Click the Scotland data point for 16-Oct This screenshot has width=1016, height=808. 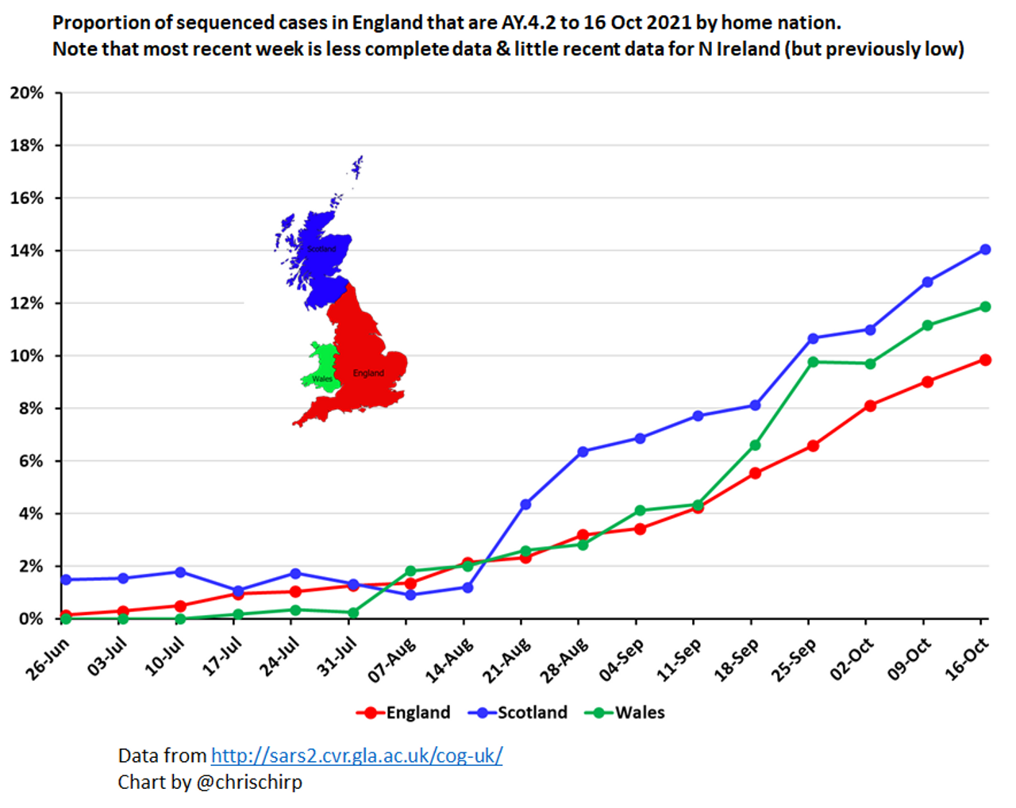pos(985,249)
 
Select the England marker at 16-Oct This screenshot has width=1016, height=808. pos(985,360)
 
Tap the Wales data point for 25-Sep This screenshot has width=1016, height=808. pos(813,362)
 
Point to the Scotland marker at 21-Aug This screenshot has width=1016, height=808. pos(525,504)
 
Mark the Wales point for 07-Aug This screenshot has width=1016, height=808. pos(410,571)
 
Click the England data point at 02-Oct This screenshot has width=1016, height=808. pos(870,406)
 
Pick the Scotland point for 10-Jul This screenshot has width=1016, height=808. pos(180,571)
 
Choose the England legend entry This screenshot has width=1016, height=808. pos(404,713)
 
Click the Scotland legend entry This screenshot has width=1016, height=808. pos(518,713)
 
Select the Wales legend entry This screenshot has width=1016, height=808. pos(625,713)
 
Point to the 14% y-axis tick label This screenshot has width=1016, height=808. pos(27,251)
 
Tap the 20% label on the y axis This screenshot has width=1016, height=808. pos(27,93)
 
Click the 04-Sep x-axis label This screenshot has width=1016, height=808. pos(622,660)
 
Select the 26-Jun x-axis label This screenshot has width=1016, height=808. pos(48,660)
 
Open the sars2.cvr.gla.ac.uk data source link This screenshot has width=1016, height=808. pos(356,756)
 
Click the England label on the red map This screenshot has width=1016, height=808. pos(368,373)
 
